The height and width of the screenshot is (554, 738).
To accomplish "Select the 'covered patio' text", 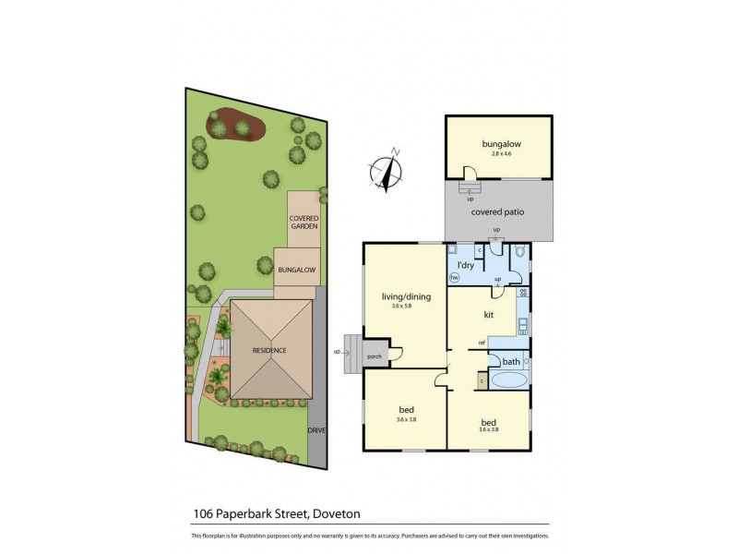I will [x=497, y=211].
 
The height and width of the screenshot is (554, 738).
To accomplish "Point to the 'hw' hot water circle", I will [x=454, y=276].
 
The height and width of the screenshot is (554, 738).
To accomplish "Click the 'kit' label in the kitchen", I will [x=489, y=314].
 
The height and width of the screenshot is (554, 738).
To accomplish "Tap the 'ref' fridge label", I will [x=482, y=343].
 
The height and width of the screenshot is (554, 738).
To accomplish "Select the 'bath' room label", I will [x=511, y=361].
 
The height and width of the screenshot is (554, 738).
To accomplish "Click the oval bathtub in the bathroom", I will [x=508, y=380].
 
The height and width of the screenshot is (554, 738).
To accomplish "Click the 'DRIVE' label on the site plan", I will [x=316, y=430].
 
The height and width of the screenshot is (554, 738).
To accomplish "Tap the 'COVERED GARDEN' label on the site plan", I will [x=304, y=222].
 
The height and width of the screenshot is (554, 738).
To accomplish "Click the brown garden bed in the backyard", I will [x=237, y=125].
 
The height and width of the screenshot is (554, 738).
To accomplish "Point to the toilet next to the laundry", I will [x=519, y=251].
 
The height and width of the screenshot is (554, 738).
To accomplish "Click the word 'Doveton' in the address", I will [x=339, y=514].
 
